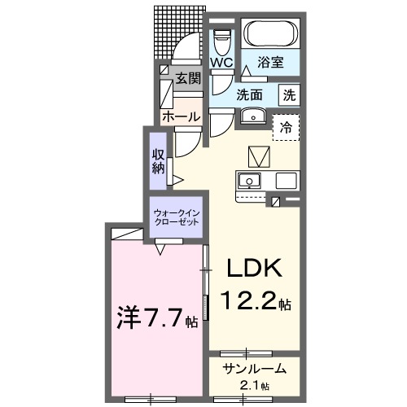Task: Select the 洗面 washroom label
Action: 249,94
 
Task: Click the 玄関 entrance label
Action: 188,79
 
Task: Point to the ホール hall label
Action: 181,117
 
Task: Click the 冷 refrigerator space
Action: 286,127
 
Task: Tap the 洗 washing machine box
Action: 290,94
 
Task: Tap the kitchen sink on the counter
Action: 250,181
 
